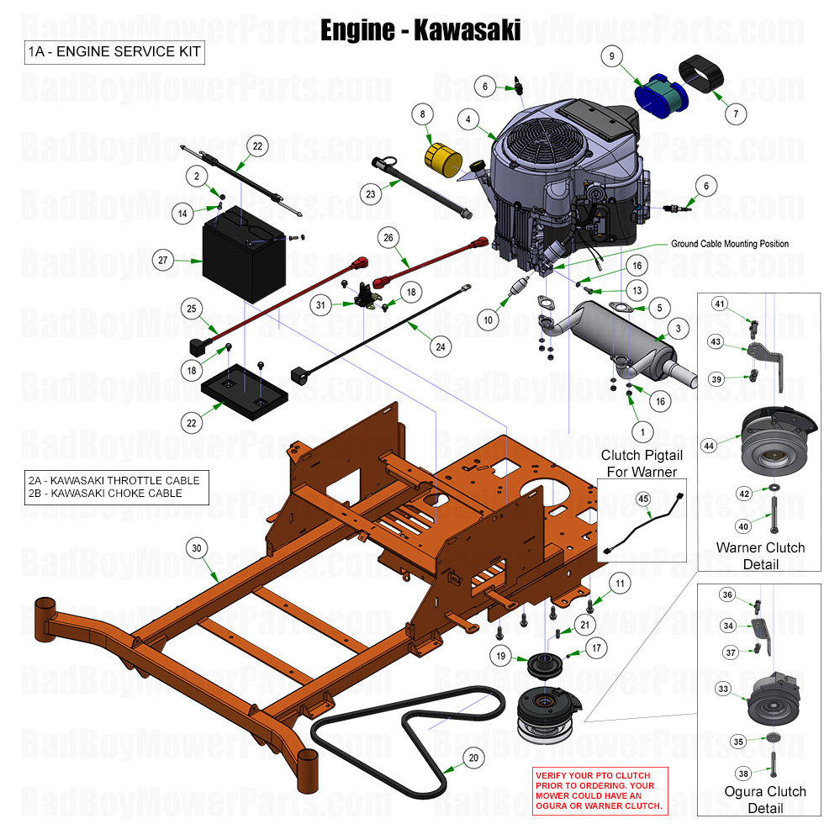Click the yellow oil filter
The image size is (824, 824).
443,159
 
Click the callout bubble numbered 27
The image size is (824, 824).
162,261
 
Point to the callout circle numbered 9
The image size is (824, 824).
612,56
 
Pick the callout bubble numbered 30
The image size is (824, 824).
196,548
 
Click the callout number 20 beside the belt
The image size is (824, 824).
473,758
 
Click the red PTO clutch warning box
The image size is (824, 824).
599,790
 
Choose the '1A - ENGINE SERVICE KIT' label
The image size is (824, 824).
114,52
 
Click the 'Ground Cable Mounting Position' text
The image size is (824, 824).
730,244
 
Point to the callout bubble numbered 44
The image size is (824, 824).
710,446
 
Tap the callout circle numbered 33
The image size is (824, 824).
723,689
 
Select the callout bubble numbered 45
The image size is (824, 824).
643,499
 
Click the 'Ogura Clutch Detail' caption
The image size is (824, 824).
764,800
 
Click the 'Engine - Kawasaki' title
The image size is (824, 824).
420,30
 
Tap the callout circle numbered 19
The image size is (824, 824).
501,656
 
